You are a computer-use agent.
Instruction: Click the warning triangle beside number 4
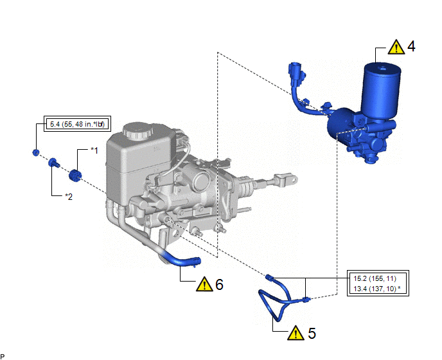[396, 47]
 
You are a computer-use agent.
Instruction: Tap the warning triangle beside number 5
[296, 333]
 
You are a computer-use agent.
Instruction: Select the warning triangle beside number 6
[204, 284]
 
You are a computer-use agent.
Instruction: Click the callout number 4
[411, 46]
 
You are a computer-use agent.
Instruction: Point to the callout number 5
[312, 333]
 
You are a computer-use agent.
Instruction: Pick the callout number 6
[219, 284]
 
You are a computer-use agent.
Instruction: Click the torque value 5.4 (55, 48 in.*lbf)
[77, 124]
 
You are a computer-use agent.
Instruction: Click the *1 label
[94, 150]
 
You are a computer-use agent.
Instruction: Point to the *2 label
[69, 196]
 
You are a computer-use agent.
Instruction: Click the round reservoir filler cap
[137, 130]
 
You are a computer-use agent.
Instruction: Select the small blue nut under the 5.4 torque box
[36, 152]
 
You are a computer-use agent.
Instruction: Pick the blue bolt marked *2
[53, 163]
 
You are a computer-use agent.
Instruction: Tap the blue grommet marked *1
[75, 175]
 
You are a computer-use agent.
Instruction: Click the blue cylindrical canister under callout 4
[381, 91]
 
